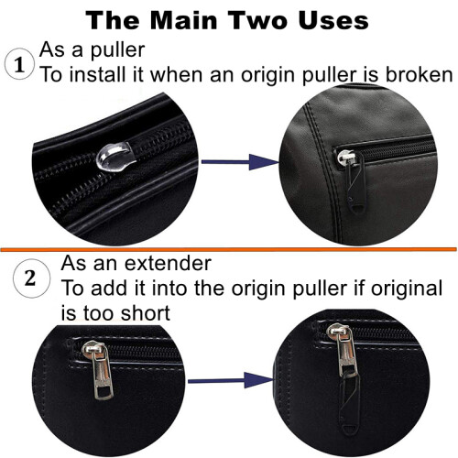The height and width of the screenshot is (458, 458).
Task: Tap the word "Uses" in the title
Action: click(333, 20)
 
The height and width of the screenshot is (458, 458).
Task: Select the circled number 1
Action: click(19, 64)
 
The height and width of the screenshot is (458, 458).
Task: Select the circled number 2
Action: click(31, 278)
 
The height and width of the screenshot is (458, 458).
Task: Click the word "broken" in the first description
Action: click(419, 74)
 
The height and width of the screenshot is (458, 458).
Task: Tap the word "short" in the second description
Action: click(146, 313)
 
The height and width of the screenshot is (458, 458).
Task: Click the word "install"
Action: click(98, 74)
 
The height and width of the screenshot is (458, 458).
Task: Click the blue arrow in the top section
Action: click(240, 162)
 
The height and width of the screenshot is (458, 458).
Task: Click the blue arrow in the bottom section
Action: click(231, 380)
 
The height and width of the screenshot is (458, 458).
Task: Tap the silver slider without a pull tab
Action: click(114, 155)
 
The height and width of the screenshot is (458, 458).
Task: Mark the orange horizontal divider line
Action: click(228, 249)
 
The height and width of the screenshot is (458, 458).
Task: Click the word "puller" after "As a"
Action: click(118, 50)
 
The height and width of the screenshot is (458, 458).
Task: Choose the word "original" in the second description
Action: click(407, 288)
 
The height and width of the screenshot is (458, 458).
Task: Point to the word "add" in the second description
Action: click(109, 288)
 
